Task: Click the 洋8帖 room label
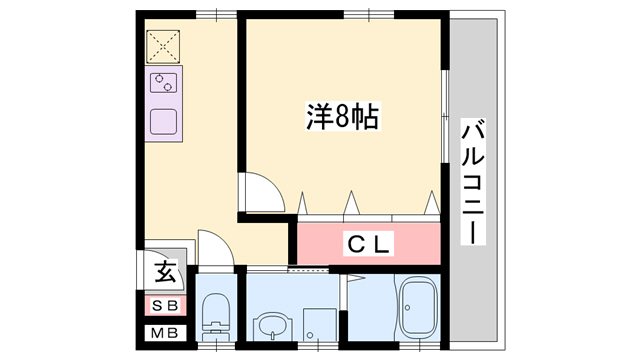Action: point(341,117)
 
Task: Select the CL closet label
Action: point(368,243)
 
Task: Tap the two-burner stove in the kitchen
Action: point(163,83)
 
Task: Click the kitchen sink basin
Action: point(163,120)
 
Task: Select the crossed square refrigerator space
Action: point(162,46)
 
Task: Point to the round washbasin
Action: point(269,324)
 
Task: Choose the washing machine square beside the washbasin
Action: point(317,323)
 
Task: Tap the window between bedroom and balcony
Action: point(446,110)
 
